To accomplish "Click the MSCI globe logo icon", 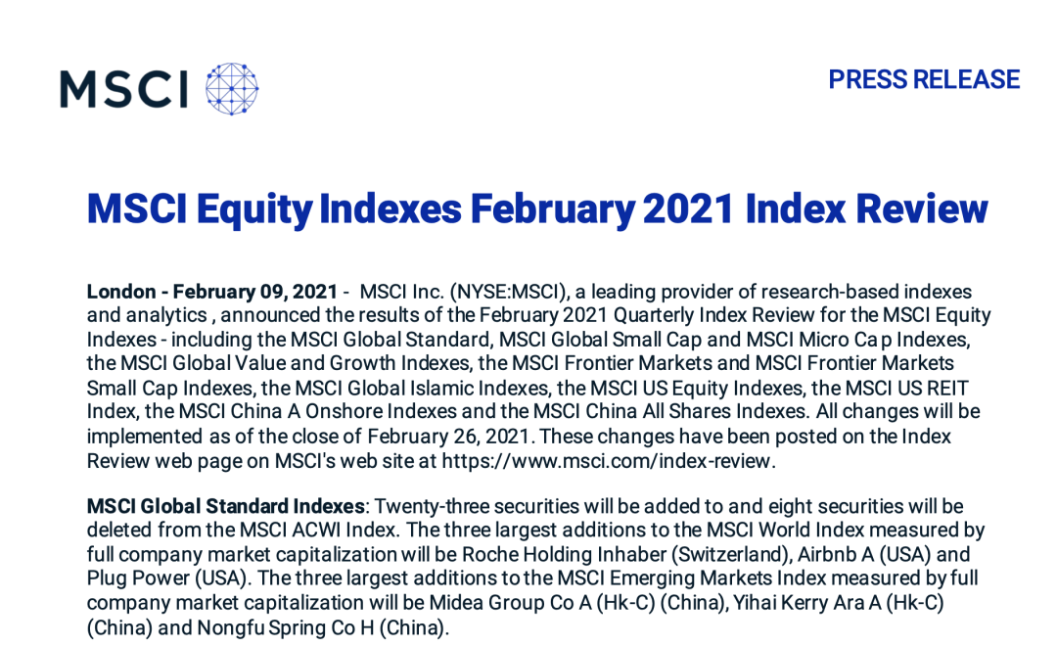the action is pos(232,89).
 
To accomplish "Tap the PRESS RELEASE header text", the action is pos(924,79).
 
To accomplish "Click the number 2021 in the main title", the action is pos(688,208).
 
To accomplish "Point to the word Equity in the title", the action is pos(254,209).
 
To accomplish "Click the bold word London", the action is pos(121,292).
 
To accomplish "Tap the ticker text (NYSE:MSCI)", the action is pos(510,292).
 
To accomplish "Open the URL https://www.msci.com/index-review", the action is pos(606,461).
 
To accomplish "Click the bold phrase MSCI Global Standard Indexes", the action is pos(226,506).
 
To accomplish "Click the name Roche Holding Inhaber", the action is pos(564,555).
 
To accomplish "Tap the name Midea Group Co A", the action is pos(510,603).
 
